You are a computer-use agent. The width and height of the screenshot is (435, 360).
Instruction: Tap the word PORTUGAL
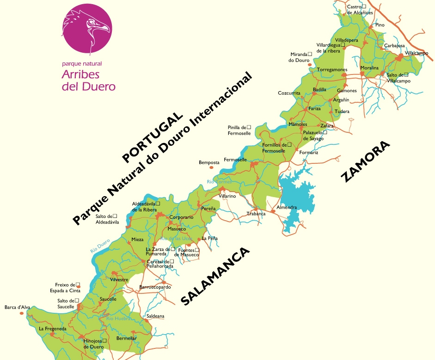152,137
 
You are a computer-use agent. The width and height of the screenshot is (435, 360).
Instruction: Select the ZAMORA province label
366,162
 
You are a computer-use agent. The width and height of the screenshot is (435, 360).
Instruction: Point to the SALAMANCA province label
215,276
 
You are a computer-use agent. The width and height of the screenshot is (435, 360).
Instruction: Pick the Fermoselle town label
235,160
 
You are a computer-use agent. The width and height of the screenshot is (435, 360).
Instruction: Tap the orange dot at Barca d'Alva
22,313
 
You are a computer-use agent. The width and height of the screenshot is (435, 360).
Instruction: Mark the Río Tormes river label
219,182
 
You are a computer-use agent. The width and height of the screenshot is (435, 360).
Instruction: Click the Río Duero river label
100,244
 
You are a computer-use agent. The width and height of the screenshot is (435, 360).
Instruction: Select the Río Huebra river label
117,318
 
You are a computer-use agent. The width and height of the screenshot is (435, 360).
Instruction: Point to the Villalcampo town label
416,53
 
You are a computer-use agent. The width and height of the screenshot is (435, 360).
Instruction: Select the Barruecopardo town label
155,287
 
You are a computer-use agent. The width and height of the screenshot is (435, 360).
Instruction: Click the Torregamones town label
332,69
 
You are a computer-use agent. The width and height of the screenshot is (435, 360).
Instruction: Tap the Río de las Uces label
176,238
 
